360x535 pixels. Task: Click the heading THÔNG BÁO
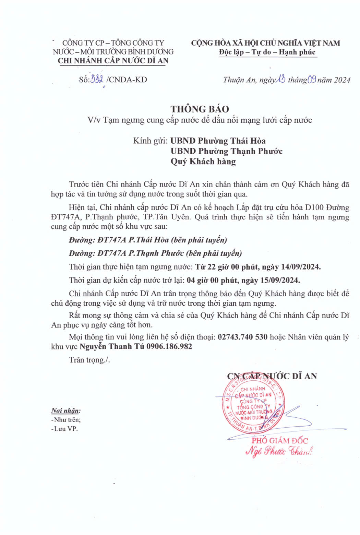200,109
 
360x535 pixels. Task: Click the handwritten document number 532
97,80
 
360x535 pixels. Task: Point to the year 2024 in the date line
342,80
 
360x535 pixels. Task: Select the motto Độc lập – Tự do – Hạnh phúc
267,52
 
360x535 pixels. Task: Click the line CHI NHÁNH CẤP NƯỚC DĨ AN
113,61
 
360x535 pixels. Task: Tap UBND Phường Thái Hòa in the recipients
218,141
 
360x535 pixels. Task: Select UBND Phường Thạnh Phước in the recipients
226,151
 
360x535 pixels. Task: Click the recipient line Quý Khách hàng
203,162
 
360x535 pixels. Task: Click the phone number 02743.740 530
242,337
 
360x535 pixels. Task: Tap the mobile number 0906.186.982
169,346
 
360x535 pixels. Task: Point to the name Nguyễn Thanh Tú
112,346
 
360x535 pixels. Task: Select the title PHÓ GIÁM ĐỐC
280,441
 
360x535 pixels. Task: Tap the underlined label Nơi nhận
66,411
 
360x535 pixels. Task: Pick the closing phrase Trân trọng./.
89,360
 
